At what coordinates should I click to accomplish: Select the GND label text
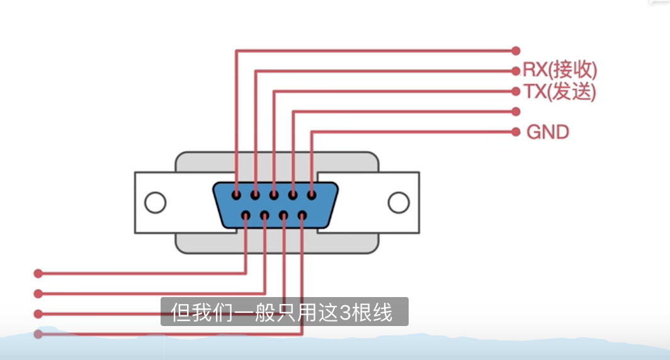[x=547, y=132]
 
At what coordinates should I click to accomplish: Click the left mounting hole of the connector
[x=155, y=203]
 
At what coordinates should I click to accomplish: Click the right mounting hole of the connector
[x=398, y=203]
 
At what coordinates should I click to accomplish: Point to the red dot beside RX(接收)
[x=516, y=70]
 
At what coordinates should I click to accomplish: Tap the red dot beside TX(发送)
[x=516, y=91]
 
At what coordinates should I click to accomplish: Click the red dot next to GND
[x=516, y=132]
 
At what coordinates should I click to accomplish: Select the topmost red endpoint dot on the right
[x=516, y=50]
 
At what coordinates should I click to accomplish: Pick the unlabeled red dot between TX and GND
[x=516, y=111]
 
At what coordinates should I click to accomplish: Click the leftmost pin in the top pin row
[x=236, y=195]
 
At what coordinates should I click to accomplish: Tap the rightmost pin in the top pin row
[x=311, y=195]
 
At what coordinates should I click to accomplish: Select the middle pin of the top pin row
[x=274, y=195]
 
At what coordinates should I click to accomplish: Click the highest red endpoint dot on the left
[x=38, y=273]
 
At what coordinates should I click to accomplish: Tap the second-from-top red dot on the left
[x=38, y=293]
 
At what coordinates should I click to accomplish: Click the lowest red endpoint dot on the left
[x=38, y=334]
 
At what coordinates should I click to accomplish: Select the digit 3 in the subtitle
[x=345, y=312]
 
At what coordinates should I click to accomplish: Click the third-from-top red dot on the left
[x=38, y=313]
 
